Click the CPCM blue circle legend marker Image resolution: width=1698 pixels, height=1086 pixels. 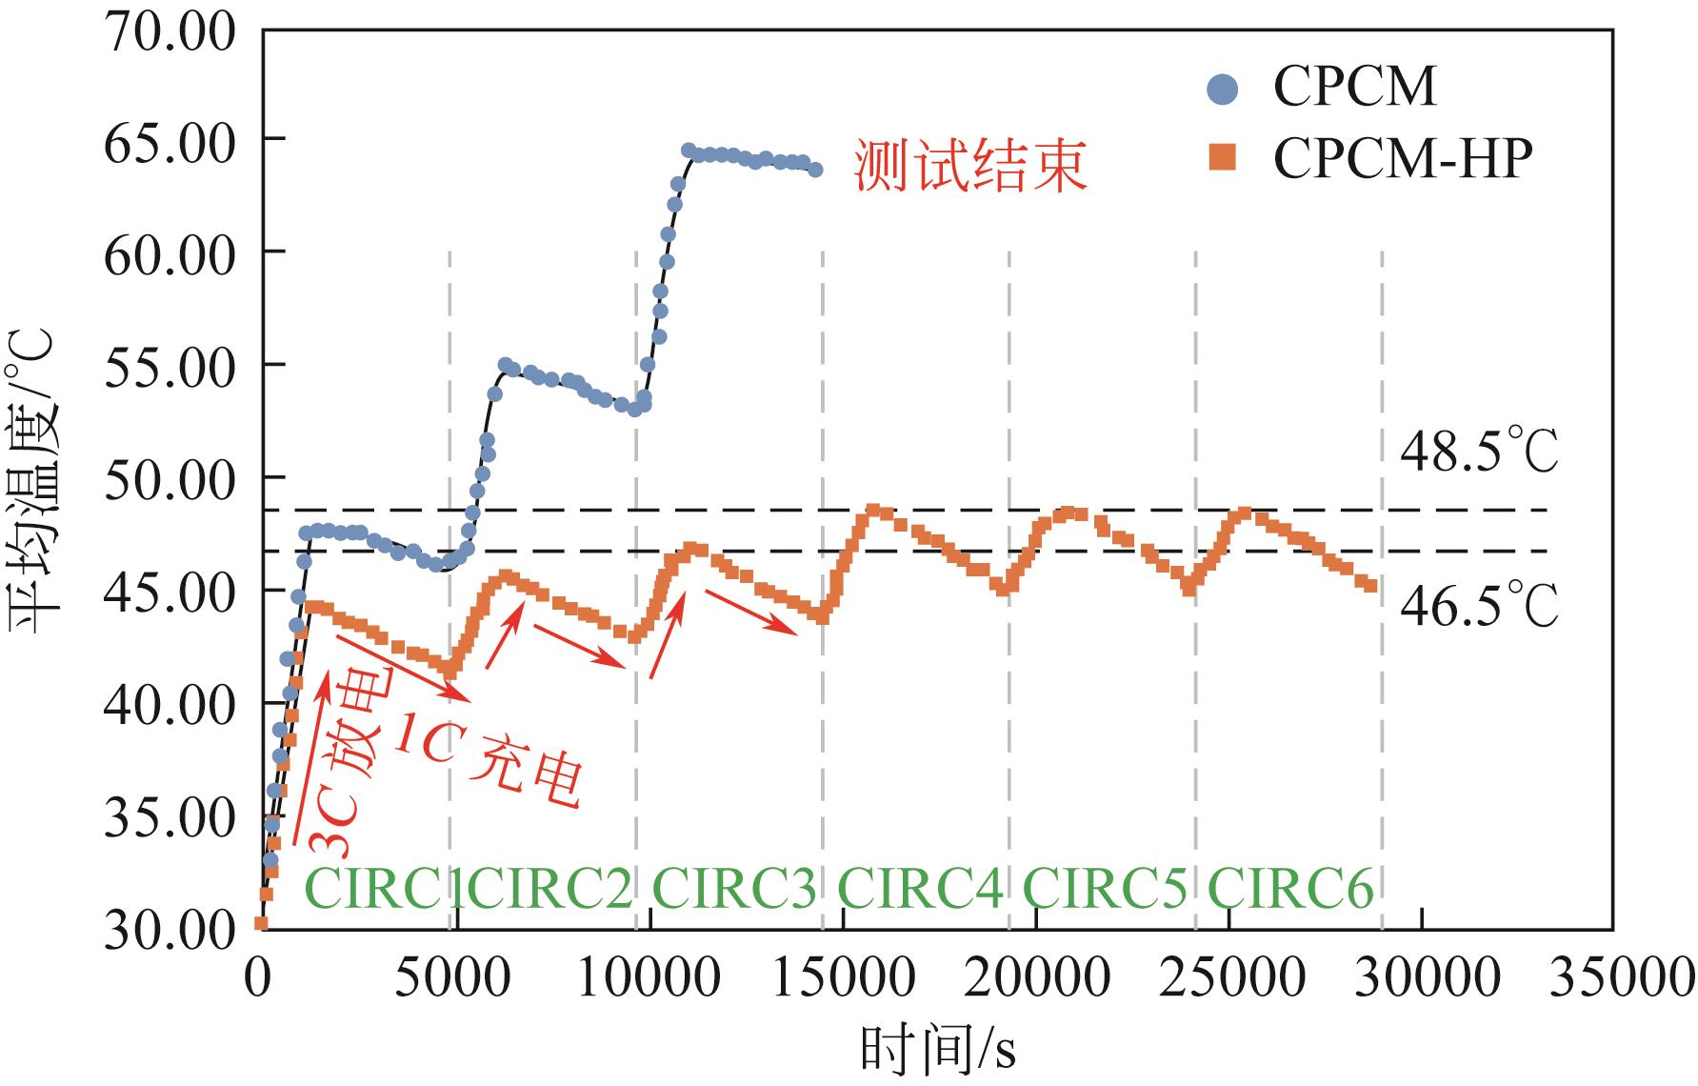(x=1222, y=90)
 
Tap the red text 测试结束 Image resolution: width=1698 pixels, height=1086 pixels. (x=969, y=167)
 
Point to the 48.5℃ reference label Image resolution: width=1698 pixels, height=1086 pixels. (x=1478, y=452)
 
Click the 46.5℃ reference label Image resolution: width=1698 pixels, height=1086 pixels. (x=1478, y=605)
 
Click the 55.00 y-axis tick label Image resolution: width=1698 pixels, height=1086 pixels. (x=170, y=368)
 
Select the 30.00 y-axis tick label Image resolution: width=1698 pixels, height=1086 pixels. (x=170, y=929)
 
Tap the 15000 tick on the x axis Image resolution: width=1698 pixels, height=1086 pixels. (x=844, y=978)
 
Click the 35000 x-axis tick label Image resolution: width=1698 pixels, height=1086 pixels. (x=1621, y=978)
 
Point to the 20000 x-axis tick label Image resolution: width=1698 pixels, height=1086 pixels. (x=1038, y=978)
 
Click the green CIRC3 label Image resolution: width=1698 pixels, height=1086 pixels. (x=734, y=890)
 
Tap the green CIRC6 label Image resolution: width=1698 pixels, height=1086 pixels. (x=1290, y=890)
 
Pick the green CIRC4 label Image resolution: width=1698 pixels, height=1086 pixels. (x=920, y=890)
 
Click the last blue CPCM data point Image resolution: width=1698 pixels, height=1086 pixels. (x=815, y=170)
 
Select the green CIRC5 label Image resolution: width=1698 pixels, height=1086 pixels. (x=1105, y=890)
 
